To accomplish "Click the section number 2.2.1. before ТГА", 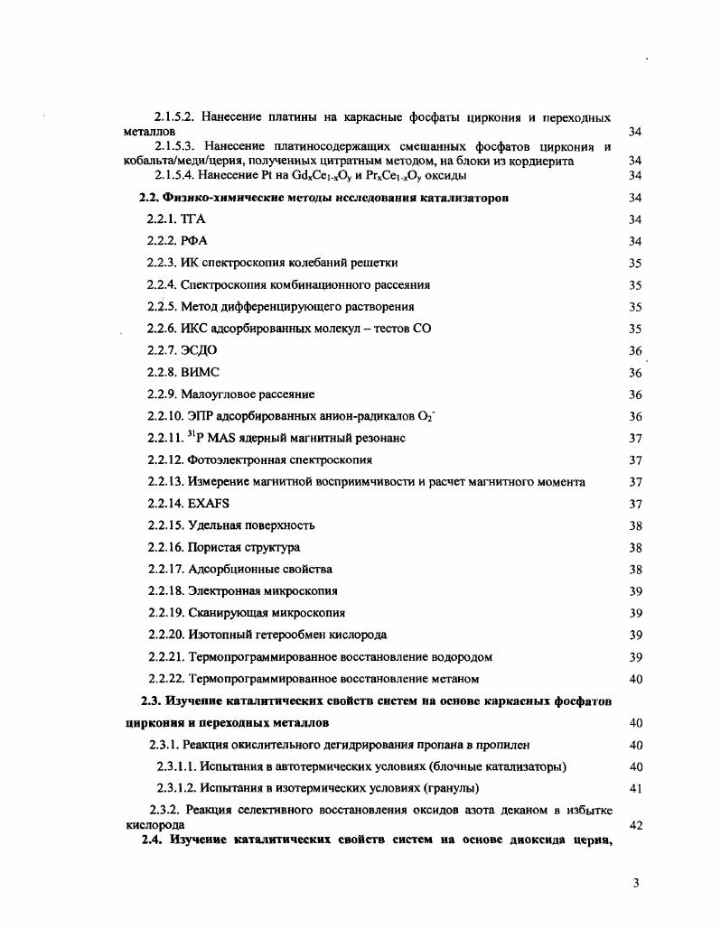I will coord(162,219).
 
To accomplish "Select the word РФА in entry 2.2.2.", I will coord(194,241).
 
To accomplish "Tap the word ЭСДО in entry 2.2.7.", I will coord(199,350).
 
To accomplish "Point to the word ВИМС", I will coord(201,372).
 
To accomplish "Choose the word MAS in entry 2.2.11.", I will coord(220,438).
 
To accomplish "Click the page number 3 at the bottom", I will coord(636,884).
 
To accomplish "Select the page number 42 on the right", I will coord(634,825).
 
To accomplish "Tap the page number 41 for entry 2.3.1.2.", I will coord(634,788).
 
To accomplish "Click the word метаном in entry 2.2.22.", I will coord(455,679).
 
